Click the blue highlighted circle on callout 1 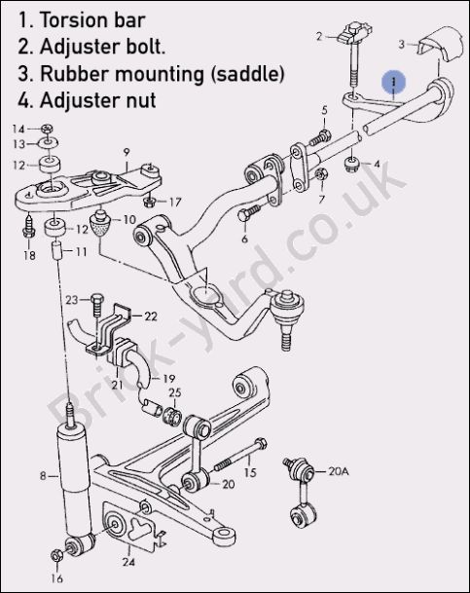pyautogui.click(x=394, y=82)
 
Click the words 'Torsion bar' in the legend pyautogui.click(x=92, y=20)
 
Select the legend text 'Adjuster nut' pyautogui.click(x=98, y=100)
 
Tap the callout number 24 pyautogui.click(x=128, y=562)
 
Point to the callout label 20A pyautogui.click(x=339, y=471)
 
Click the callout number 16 pyautogui.click(x=56, y=578)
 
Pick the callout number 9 pyautogui.click(x=127, y=152)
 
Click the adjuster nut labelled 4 pyautogui.click(x=352, y=165)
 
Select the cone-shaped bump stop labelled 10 pyautogui.click(x=100, y=224)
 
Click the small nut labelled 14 pyautogui.click(x=47, y=129)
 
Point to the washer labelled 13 pyautogui.click(x=49, y=143)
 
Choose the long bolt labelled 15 pyautogui.click(x=240, y=456)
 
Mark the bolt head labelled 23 pyautogui.click(x=96, y=299)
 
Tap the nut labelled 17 pyautogui.click(x=150, y=202)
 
